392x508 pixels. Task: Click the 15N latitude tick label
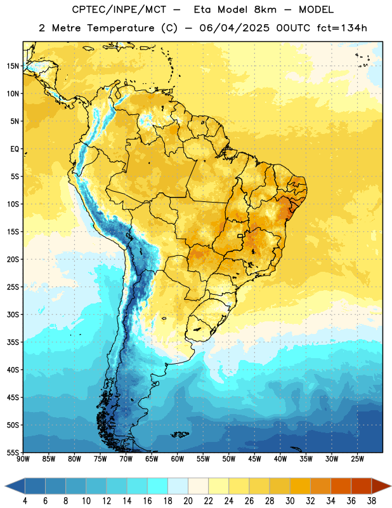(x=13, y=66)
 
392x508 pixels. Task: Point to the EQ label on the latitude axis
(x=15, y=149)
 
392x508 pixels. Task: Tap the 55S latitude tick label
(x=13, y=452)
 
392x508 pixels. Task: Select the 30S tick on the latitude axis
(x=13, y=314)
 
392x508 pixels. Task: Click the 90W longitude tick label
(x=23, y=459)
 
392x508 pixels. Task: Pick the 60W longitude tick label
(x=178, y=459)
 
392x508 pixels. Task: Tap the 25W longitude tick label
(x=357, y=459)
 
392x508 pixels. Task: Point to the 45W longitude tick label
(x=254, y=459)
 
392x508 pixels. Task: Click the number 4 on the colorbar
(x=25, y=501)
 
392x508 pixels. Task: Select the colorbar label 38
(x=372, y=501)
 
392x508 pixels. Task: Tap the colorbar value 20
(x=188, y=501)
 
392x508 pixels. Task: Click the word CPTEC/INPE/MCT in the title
(x=119, y=10)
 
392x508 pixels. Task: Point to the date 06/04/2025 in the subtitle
(x=234, y=28)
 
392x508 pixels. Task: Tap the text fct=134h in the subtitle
(x=342, y=28)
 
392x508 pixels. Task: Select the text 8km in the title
(x=265, y=10)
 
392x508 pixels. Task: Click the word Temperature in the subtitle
(x=121, y=28)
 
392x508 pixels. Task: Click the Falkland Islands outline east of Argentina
(x=180, y=434)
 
